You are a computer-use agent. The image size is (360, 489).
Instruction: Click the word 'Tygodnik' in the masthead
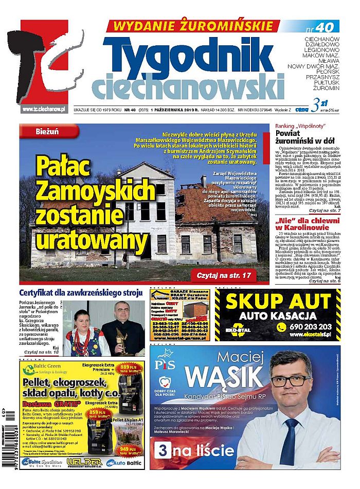(x=190, y=55)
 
